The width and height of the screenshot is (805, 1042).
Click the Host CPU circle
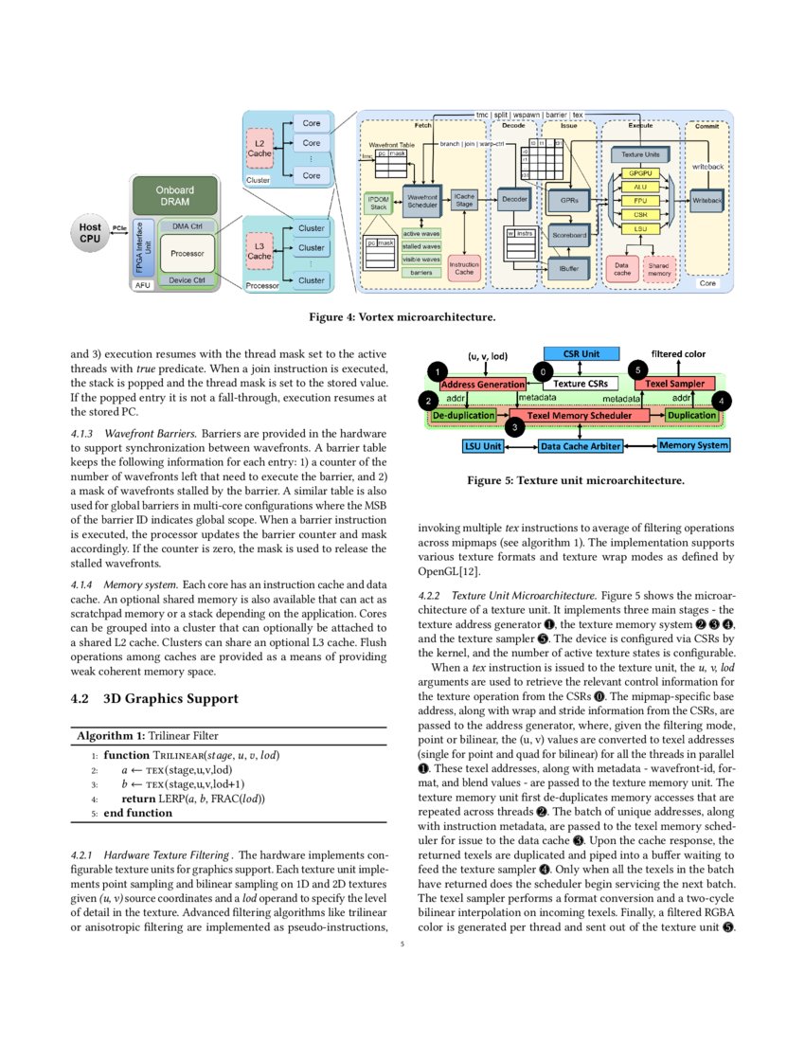click(x=90, y=233)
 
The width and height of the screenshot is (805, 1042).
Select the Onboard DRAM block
click(x=174, y=195)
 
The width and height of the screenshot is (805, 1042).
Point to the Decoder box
click(x=514, y=199)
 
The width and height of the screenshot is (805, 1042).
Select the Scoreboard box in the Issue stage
click(x=569, y=234)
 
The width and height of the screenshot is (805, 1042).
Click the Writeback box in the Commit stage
click(x=707, y=201)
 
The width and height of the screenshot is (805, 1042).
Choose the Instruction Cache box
click(x=464, y=268)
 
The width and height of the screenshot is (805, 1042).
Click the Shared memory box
click(x=659, y=269)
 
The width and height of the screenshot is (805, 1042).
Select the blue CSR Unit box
click(x=581, y=353)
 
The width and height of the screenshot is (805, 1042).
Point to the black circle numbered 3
click(x=514, y=428)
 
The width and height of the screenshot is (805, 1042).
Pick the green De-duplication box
click(x=463, y=415)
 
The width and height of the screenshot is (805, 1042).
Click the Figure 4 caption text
click(x=402, y=315)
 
